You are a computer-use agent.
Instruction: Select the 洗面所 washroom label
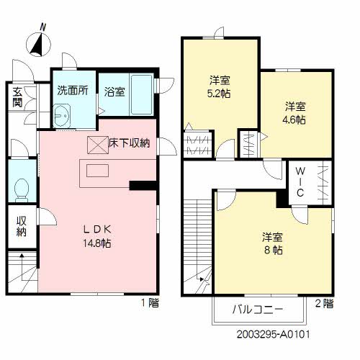pyautogui.click(x=72, y=91)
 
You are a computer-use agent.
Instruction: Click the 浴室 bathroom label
pyautogui.click(x=114, y=91)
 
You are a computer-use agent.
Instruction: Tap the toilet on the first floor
pyautogui.click(x=21, y=189)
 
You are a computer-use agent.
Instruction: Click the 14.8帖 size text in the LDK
pyautogui.click(x=96, y=243)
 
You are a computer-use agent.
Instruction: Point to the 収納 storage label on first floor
pyautogui.click(x=21, y=226)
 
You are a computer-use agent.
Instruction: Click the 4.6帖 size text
pyautogui.click(x=295, y=120)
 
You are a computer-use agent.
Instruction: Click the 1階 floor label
pyautogui.click(x=149, y=303)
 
